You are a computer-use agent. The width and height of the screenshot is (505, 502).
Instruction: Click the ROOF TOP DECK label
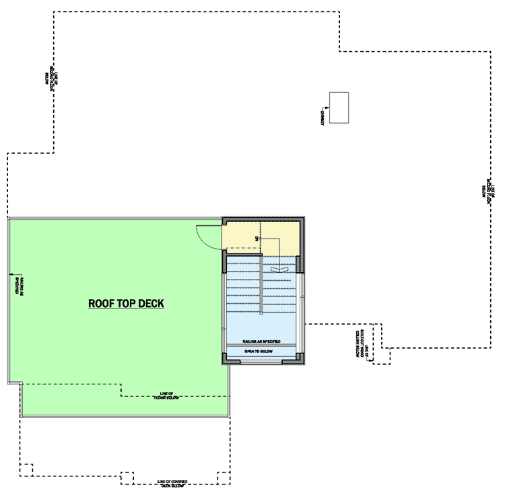[127, 303]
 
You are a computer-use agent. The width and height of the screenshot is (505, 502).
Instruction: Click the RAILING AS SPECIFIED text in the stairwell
[262, 342]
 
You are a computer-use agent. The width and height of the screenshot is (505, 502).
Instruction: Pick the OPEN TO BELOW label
[262, 351]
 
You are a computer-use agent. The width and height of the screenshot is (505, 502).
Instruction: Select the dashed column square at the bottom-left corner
[26, 469]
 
